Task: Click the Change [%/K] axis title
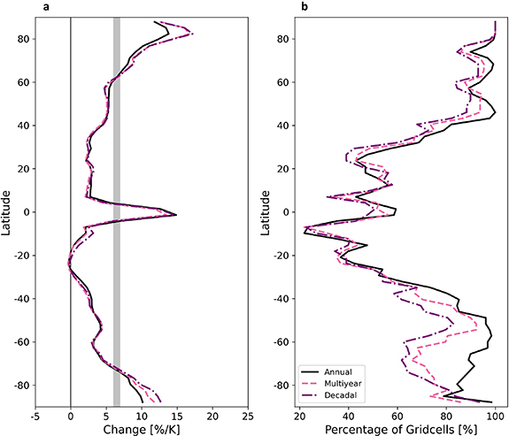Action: (x=142, y=428)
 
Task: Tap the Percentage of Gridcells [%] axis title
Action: (x=396, y=428)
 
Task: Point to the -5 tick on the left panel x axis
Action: (x=35, y=415)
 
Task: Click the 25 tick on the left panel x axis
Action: (x=248, y=415)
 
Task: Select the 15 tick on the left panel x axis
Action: (x=177, y=415)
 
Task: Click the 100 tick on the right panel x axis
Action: (x=495, y=415)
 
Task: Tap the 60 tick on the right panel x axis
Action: (x=397, y=415)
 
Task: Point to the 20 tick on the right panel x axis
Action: (x=298, y=415)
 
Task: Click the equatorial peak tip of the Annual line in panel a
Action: (x=176, y=215)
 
